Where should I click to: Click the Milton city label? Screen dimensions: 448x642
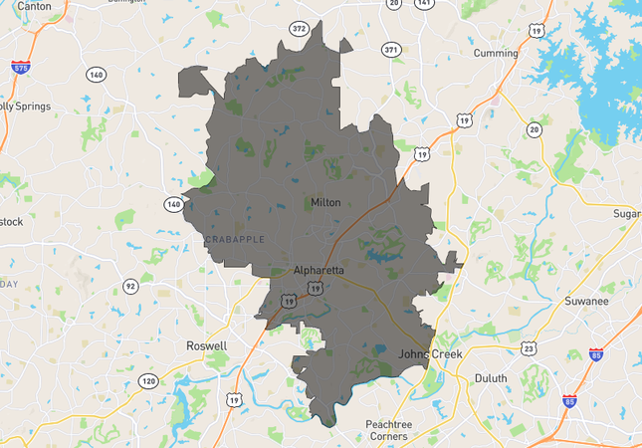tap(325, 202)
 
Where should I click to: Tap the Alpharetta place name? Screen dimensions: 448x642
tap(319, 270)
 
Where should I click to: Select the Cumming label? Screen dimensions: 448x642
tap(496, 53)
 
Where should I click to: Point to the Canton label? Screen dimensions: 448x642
tap(34, 6)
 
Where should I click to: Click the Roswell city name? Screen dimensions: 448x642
tap(207, 346)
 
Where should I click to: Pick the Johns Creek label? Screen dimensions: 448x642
tap(431, 353)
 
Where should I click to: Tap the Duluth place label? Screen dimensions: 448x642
tap(490, 378)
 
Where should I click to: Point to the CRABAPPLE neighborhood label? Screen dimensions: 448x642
tap(234, 240)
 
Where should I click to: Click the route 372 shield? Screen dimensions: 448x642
tap(299, 28)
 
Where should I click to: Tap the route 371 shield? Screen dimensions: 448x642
tap(390, 49)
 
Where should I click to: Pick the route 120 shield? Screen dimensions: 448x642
tap(148, 381)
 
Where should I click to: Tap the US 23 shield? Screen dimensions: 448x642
tap(529, 348)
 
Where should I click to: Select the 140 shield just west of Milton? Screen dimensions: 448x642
tap(172, 204)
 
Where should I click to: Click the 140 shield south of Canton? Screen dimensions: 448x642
tap(96, 75)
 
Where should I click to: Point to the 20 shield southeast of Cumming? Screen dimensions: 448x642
tap(535, 128)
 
